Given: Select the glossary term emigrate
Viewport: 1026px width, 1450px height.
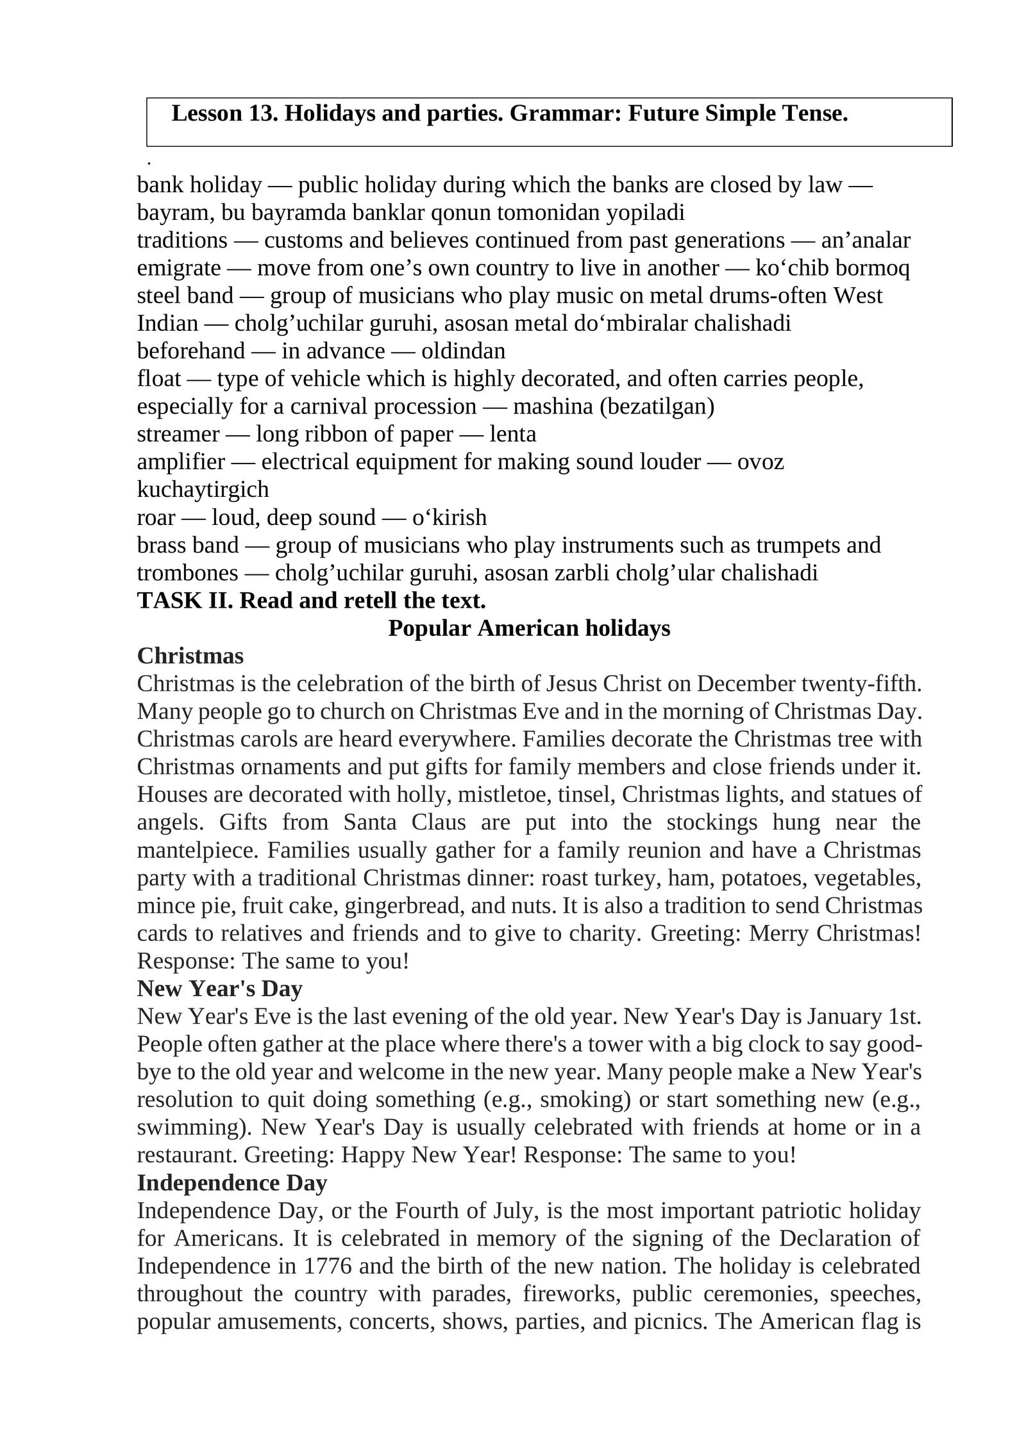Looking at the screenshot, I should [x=178, y=268].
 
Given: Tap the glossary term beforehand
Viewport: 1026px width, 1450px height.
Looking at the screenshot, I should [x=190, y=351].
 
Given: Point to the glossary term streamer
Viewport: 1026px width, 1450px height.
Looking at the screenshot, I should [x=178, y=434].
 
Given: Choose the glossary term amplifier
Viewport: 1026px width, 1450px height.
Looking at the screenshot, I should [x=181, y=462].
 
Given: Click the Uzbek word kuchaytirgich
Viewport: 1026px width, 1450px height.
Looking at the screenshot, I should [x=203, y=489].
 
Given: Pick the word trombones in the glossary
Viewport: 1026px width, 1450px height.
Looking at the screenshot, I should [x=187, y=572].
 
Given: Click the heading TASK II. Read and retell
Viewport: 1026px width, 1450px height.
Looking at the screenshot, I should [x=311, y=600].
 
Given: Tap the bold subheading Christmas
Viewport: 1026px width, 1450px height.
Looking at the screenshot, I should [x=190, y=656].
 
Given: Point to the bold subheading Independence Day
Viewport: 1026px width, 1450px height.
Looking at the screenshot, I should [x=232, y=1182].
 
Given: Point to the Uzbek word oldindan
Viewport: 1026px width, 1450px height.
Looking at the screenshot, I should [x=464, y=351].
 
